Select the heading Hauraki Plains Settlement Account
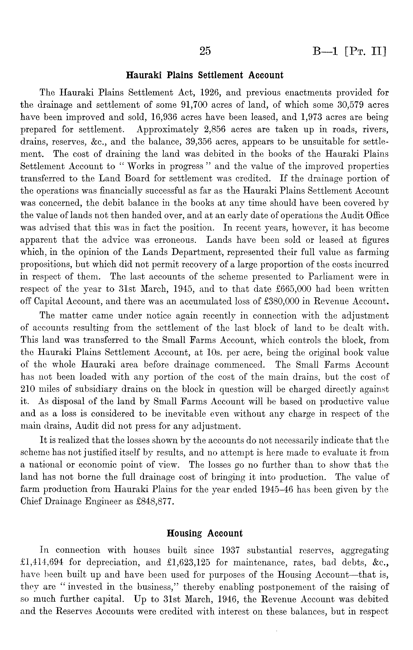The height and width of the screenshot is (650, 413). click(x=205, y=75)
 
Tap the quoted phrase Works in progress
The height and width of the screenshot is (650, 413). click(x=165, y=166)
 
